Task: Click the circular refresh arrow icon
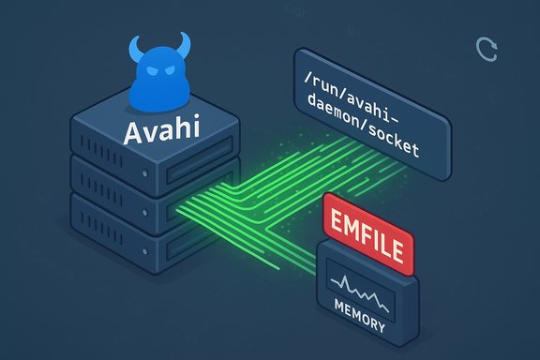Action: (x=487, y=50)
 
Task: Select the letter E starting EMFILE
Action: (x=333, y=225)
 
